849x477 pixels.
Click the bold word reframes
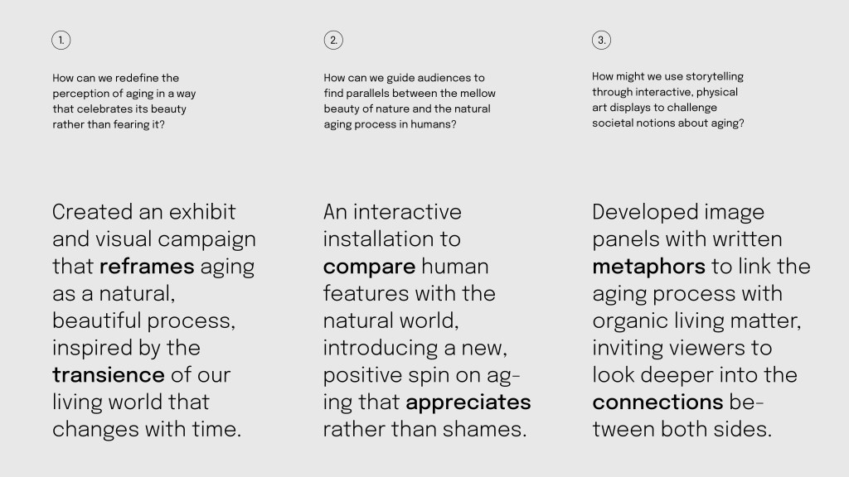[147, 266]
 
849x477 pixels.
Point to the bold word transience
[109, 375]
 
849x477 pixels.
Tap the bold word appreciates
[468, 402]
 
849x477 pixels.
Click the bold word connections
[657, 402]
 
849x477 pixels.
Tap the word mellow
[478, 93]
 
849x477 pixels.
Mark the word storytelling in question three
[715, 77]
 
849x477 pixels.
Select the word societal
[612, 123]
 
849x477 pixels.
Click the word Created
[93, 211]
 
